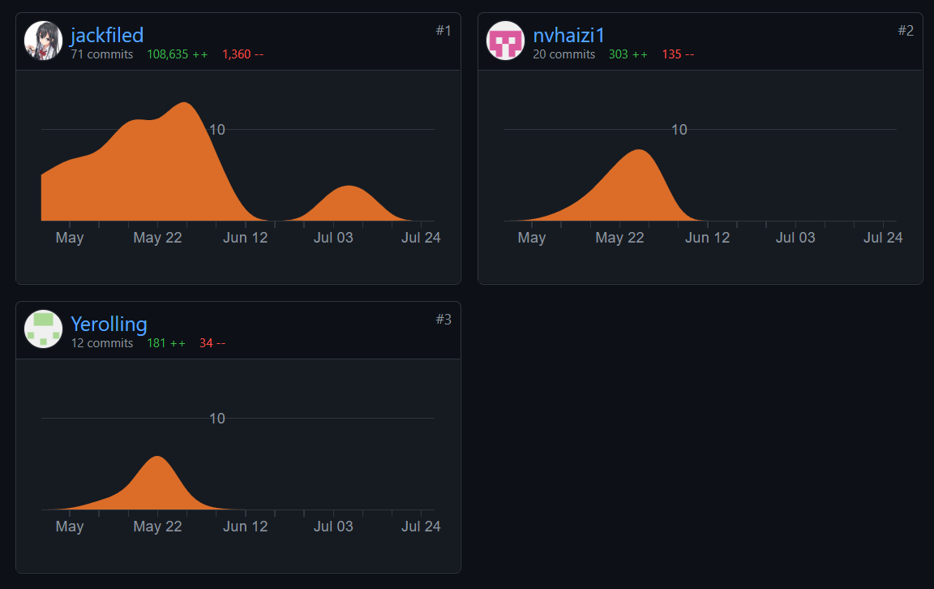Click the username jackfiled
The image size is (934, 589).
[x=107, y=35]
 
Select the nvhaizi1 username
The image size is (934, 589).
[x=569, y=35]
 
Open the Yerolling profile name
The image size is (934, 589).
[x=109, y=324]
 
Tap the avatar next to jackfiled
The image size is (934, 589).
[x=44, y=41]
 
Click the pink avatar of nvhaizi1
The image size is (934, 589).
[x=506, y=41]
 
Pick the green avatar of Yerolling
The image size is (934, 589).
[x=44, y=329]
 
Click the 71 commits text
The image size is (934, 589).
[x=102, y=54]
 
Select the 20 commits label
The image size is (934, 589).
[x=564, y=54]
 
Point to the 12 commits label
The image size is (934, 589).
[x=102, y=343]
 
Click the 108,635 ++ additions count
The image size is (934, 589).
[x=177, y=54]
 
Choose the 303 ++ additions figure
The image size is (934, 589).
[x=628, y=54]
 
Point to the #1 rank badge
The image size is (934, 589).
[x=443, y=31]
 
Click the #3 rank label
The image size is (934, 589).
[x=443, y=320]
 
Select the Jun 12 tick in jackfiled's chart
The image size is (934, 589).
[x=246, y=238]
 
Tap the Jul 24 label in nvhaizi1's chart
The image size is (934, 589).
[x=883, y=238]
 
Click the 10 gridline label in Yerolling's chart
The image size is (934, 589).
[x=217, y=419]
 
